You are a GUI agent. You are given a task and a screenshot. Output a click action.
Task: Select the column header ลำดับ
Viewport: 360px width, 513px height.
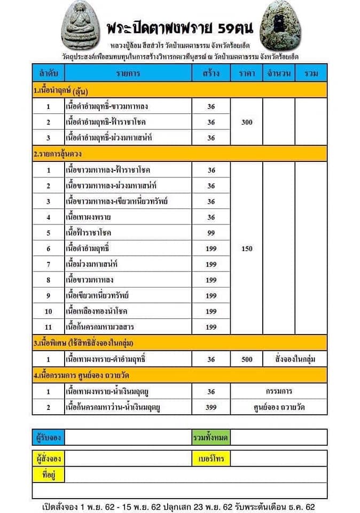pyautogui.click(x=48, y=73)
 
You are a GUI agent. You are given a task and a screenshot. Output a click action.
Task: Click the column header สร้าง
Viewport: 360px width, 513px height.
pyautogui.click(x=211, y=73)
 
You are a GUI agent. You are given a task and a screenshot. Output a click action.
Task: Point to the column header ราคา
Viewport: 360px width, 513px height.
pyautogui.click(x=246, y=73)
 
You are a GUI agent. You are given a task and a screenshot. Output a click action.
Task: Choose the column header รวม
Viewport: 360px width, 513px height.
pyautogui.click(x=310, y=73)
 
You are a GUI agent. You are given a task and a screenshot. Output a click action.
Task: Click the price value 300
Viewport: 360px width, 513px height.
pyautogui.click(x=246, y=122)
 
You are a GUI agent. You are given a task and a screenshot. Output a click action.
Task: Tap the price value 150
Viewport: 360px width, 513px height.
pyautogui.click(x=246, y=248)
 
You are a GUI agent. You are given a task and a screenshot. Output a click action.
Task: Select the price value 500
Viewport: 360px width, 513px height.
pyautogui.click(x=246, y=360)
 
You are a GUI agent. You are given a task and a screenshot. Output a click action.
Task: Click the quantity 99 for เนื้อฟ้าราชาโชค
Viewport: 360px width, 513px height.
pyautogui.click(x=211, y=233)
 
